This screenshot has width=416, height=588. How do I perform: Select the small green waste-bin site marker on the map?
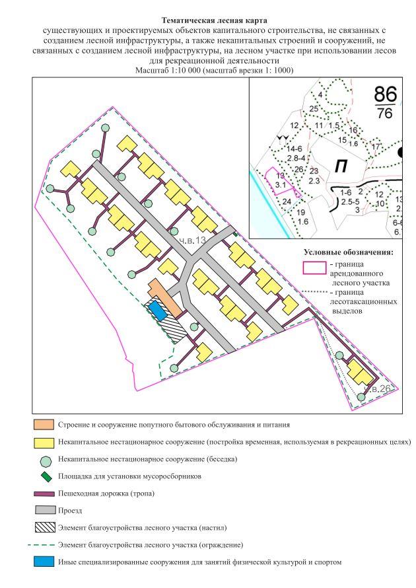point(236,232)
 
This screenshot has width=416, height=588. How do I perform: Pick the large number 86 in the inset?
point(387,92)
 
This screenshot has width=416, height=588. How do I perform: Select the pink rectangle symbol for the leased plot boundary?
point(314,267)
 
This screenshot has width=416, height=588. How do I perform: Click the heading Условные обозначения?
point(348,252)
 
